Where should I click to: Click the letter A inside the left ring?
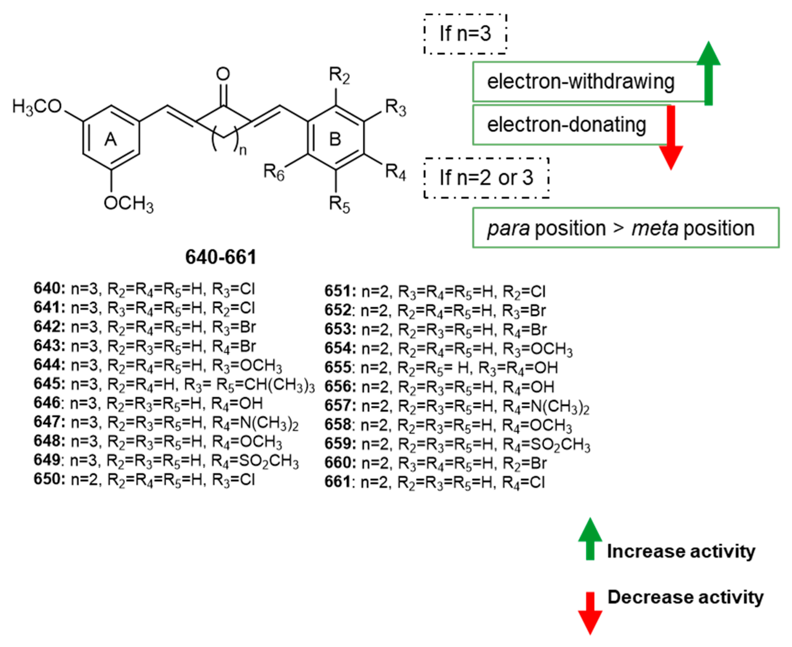(x=111, y=139)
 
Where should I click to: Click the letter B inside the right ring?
(x=335, y=139)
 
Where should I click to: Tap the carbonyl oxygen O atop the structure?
(x=223, y=74)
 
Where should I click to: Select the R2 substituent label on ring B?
(x=339, y=76)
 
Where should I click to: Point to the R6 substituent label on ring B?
(x=274, y=172)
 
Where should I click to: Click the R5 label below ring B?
(x=339, y=205)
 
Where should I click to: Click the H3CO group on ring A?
(x=37, y=107)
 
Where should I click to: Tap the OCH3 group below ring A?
(x=129, y=204)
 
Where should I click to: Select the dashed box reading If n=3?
(x=465, y=34)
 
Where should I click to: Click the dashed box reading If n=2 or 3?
(x=486, y=178)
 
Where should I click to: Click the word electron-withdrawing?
(x=580, y=82)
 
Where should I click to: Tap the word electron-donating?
(x=566, y=124)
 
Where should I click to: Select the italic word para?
(x=508, y=228)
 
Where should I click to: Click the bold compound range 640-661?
(x=221, y=257)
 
